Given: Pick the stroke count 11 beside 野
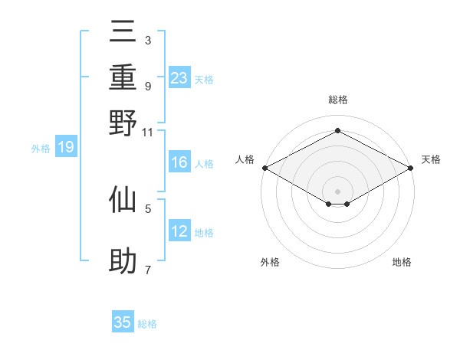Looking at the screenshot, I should pos(148,132).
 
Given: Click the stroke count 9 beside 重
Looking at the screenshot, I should pos(148,86).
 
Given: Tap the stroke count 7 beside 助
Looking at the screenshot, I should pos(148,270).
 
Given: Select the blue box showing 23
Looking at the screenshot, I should pos(179,77).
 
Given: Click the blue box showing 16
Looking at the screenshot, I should pos(179,162).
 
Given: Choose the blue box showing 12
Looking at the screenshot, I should pos(179,231).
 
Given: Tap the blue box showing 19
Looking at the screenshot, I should pos(66,147).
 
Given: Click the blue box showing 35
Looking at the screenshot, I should pos(123,322).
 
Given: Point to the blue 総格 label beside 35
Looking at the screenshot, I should pos(148,324).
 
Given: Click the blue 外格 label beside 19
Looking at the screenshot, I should pos(41,149).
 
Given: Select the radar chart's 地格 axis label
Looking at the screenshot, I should pos(402,263).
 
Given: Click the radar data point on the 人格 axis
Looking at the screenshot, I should pos(264,168).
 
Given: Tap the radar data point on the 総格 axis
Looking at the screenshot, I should pos(338,131).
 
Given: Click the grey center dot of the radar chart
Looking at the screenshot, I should pos(338,190).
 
